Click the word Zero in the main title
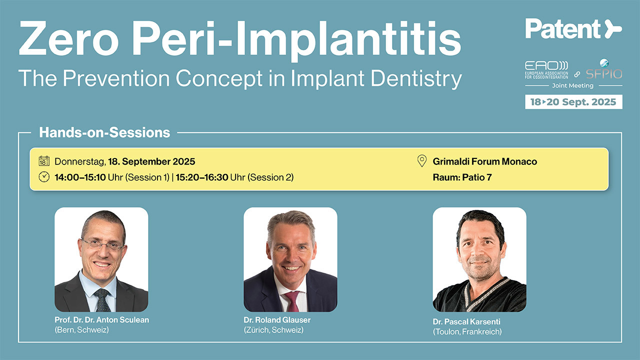point(69,38)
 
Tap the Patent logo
point(573,29)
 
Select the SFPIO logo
point(604,69)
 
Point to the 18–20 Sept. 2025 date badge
point(573,102)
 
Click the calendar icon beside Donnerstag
point(44,161)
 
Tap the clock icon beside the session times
point(44,177)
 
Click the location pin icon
point(422,161)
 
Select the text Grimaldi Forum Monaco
point(485,161)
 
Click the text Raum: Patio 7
point(462,177)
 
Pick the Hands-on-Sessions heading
point(104,132)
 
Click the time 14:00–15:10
point(80,177)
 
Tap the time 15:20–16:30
point(202,177)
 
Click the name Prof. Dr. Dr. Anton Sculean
point(101,319)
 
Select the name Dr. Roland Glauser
point(277,319)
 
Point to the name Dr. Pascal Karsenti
point(466,321)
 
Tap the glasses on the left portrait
point(103,245)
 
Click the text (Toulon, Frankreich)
point(467,331)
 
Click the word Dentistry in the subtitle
point(416,78)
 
